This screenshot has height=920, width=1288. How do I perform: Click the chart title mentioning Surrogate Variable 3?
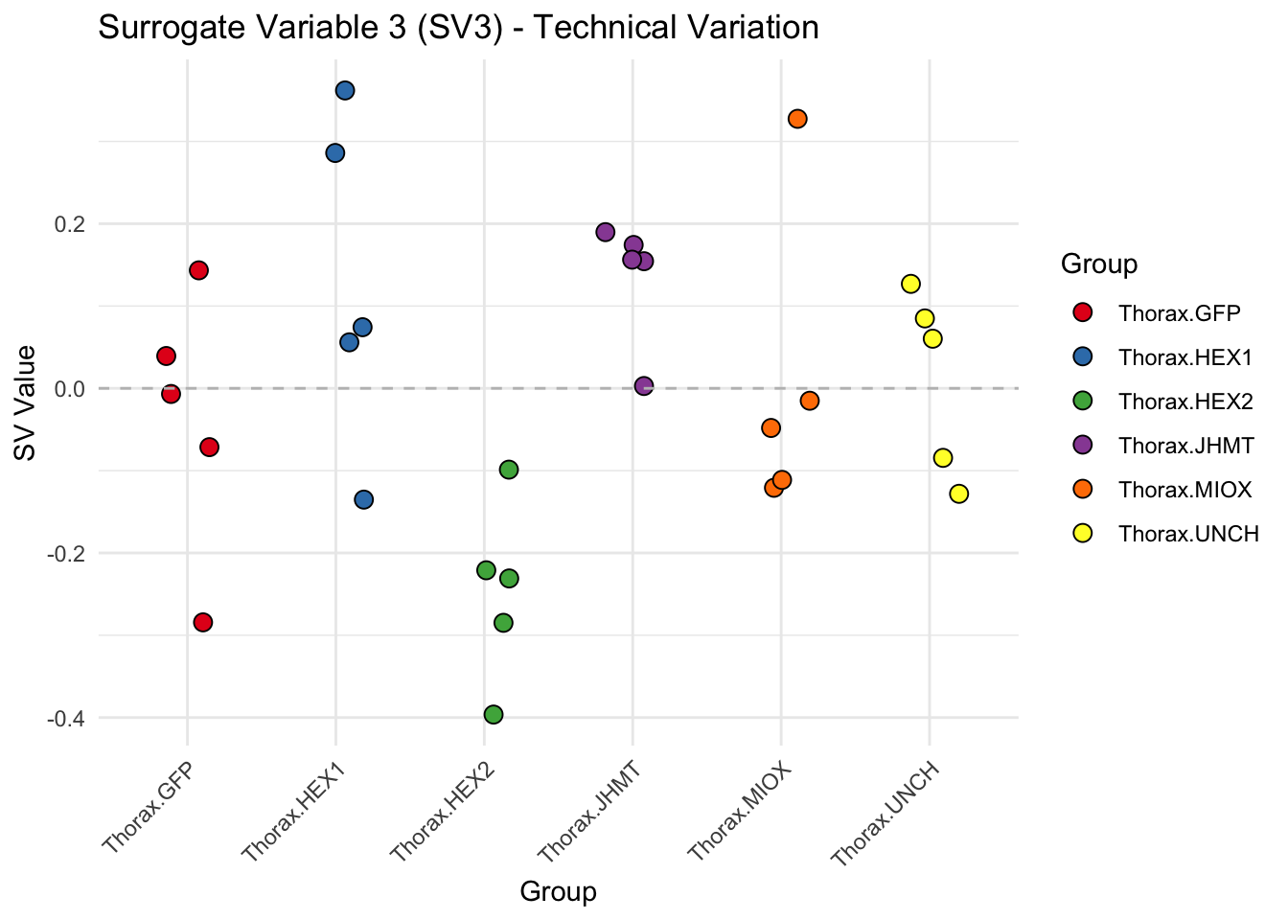tap(458, 27)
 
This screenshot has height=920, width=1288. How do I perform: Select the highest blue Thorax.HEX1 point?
tap(345, 90)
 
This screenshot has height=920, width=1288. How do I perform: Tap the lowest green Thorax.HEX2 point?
tap(494, 714)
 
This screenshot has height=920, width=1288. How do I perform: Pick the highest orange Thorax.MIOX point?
tap(797, 119)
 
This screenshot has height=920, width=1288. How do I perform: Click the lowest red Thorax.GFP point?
tap(202, 622)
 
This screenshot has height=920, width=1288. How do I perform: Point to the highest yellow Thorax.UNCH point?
tap(910, 284)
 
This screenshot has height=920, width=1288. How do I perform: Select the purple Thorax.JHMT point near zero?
tap(644, 385)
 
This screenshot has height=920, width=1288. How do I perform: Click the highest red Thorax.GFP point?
tap(198, 270)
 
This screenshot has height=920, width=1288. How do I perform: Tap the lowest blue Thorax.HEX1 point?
tap(363, 499)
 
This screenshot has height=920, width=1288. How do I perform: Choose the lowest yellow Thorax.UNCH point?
tap(958, 494)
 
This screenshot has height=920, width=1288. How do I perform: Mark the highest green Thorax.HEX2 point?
tap(509, 469)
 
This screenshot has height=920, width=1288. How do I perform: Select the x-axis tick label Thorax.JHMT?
tap(588, 811)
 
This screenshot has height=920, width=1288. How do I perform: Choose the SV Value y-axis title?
tap(26, 402)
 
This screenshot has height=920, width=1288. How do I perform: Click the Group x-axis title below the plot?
tap(558, 892)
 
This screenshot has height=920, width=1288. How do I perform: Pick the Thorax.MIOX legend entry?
tap(1184, 490)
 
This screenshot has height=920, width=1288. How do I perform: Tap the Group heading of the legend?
tap(1098, 264)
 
